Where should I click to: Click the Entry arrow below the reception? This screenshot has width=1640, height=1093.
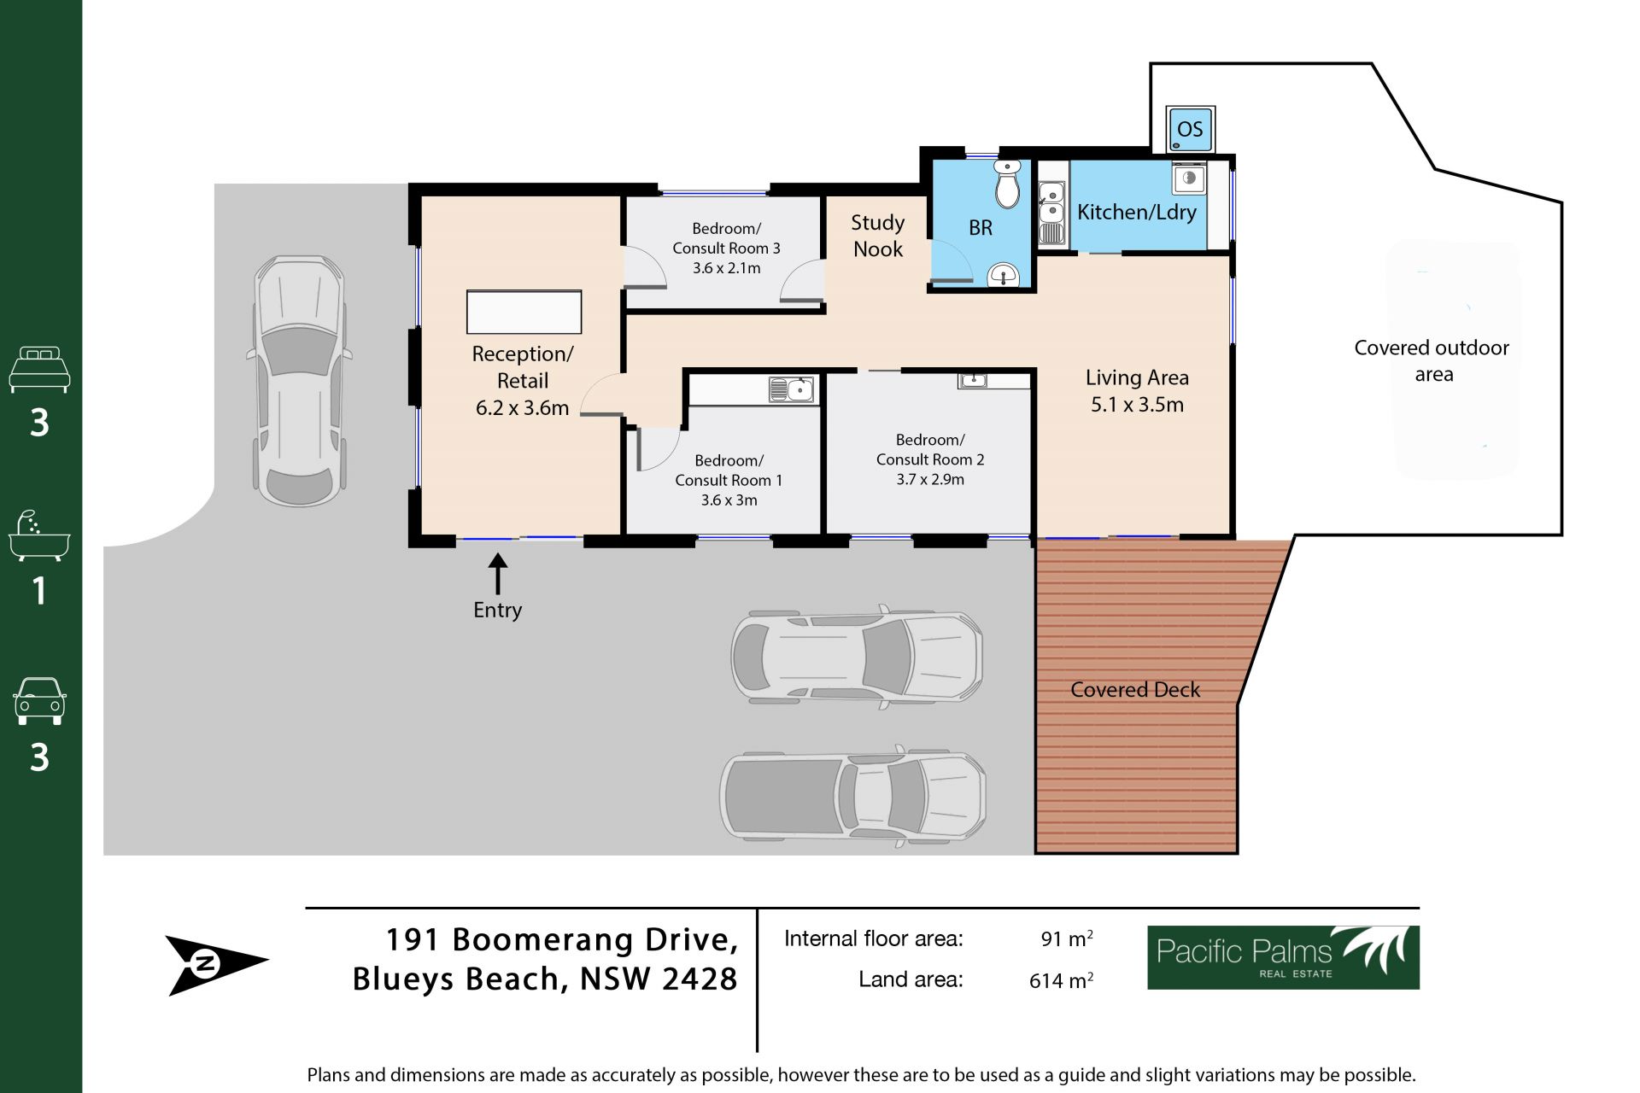pos(497,574)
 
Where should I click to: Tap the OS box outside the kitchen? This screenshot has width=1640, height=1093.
pos(1190,129)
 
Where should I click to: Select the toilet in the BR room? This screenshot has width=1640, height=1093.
pos(1008,184)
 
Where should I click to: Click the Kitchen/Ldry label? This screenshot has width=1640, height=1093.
pos(1136,212)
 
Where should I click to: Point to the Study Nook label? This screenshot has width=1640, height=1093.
pos(878,236)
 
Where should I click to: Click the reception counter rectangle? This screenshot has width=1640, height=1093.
pos(524,312)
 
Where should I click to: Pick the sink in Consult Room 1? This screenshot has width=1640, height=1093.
pos(792,390)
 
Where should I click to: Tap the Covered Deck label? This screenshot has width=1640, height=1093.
pos(1135,689)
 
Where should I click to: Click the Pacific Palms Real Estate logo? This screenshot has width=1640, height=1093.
pos(1283,957)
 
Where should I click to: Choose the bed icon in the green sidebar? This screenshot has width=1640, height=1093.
pos(39,369)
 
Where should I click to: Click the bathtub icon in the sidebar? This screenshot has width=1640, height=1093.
pos(39,536)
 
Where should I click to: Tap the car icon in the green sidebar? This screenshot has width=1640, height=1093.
pos(39,701)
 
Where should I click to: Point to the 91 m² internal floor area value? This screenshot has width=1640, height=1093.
pos(1067,938)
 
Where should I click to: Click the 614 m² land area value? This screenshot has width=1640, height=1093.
pos(1061,980)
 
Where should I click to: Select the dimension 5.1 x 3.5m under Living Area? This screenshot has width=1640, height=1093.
pos(1137,405)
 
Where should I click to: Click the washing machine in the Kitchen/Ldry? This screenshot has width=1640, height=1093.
pos(1189,179)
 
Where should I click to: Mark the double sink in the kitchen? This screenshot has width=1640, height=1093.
pos(1051,212)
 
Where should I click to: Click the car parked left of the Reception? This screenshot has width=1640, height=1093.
pos(300,381)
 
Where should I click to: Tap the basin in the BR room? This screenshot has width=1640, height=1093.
pos(1003,275)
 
